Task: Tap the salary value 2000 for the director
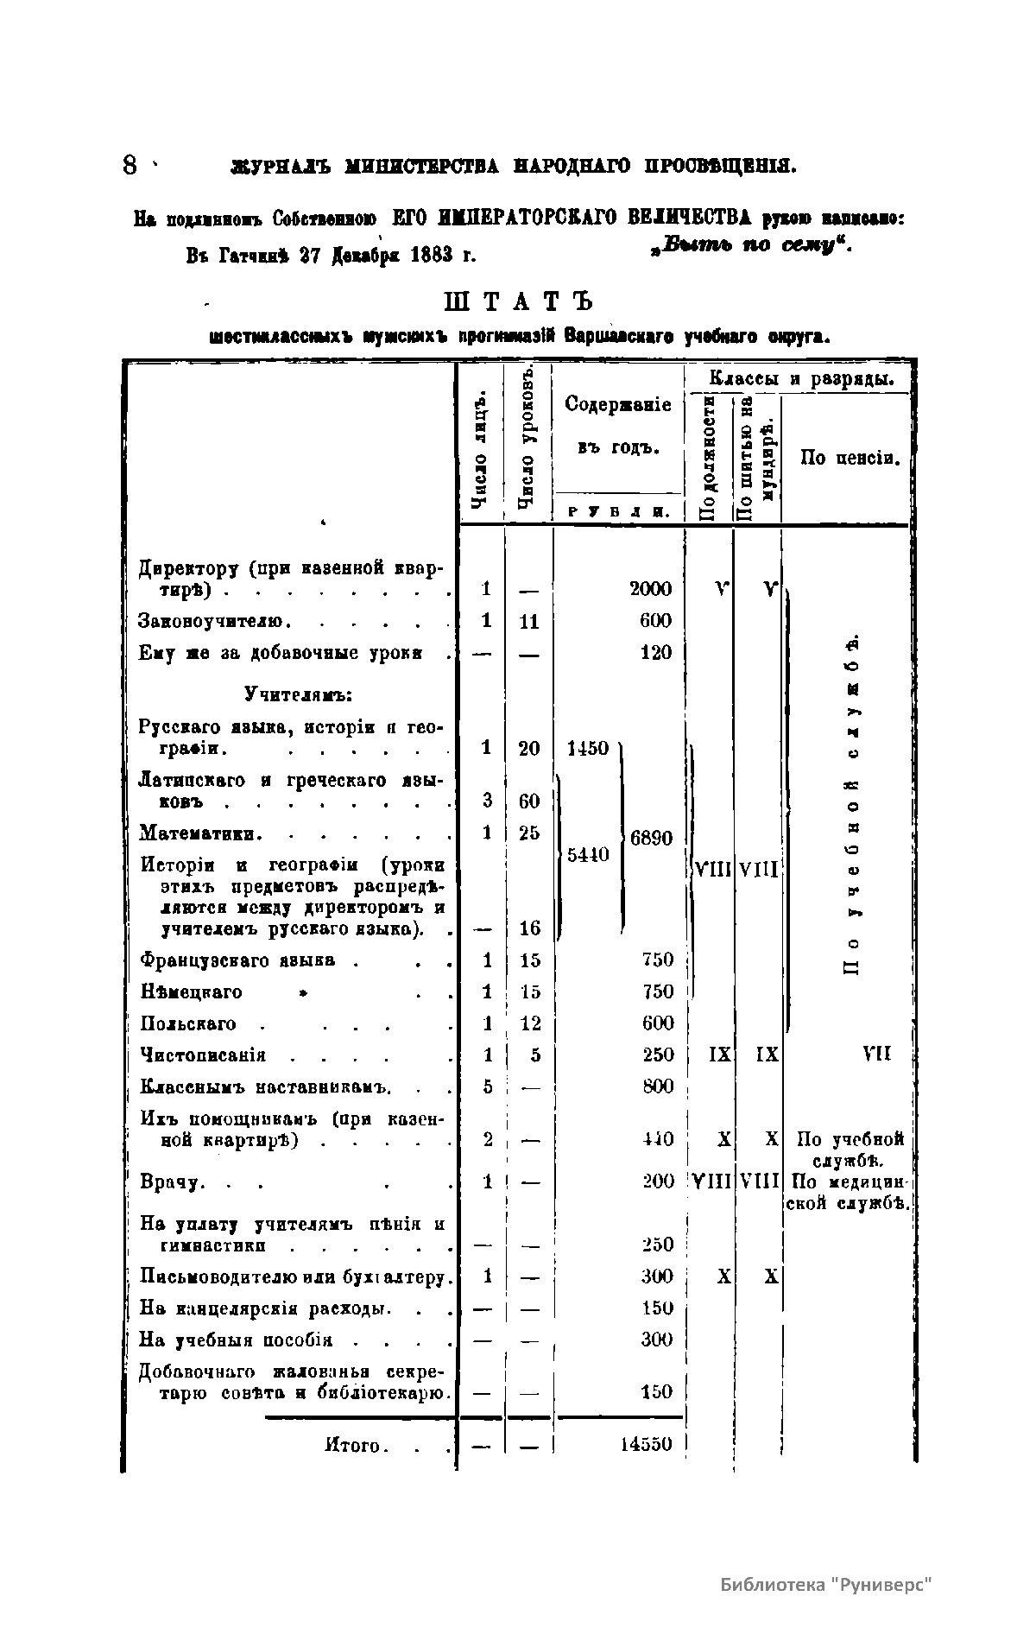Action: (x=650, y=589)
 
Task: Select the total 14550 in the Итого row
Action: (x=646, y=1444)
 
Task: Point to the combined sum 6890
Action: (x=651, y=838)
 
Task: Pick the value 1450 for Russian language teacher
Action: (x=588, y=748)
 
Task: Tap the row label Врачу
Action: (x=171, y=1181)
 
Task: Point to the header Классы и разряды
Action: (x=800, y=378)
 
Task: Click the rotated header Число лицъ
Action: (x=482, y=450)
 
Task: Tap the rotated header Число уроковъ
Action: (x=527, y=440)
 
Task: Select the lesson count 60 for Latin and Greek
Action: (x=529, y=801)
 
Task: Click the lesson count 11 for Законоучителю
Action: (x=528, y=621)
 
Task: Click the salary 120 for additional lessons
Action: (x=656, y=652)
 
